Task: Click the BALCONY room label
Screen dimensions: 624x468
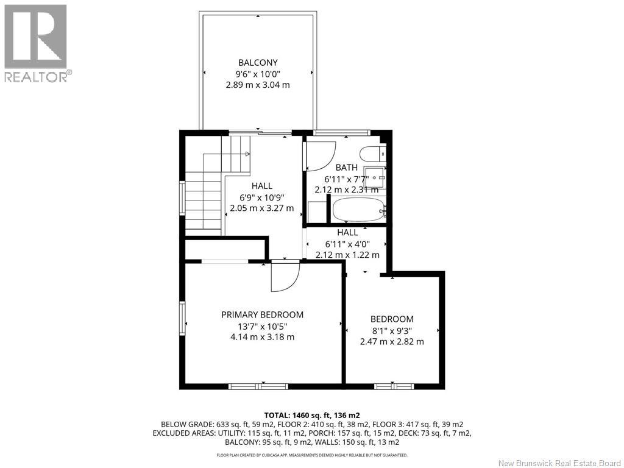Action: click(x=258, y=63)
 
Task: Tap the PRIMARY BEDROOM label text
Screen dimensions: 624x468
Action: click(x=262, y=315)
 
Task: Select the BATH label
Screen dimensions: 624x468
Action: click(x=346, y=168)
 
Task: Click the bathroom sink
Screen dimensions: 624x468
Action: click(x=375, y=177)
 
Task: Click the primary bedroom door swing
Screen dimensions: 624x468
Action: click(x=285, y=277)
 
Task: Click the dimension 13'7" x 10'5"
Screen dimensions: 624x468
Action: click(x=262, y=327)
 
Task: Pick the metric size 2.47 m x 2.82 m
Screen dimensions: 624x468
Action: click(x=392, y=341)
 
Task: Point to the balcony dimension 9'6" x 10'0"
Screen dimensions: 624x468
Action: click(x=258, y=74)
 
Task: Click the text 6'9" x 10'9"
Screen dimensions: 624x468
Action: click(x=262, y=197)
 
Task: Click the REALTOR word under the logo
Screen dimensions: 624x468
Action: click(x=36, y=77)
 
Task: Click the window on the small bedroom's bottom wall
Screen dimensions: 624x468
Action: click(x=394, y=386)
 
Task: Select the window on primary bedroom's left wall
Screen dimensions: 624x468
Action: click(x=182, y=318)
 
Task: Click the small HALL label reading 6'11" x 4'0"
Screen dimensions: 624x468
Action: click(x=347, y=244)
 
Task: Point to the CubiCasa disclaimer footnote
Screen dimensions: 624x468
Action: click(x=312, y=455)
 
